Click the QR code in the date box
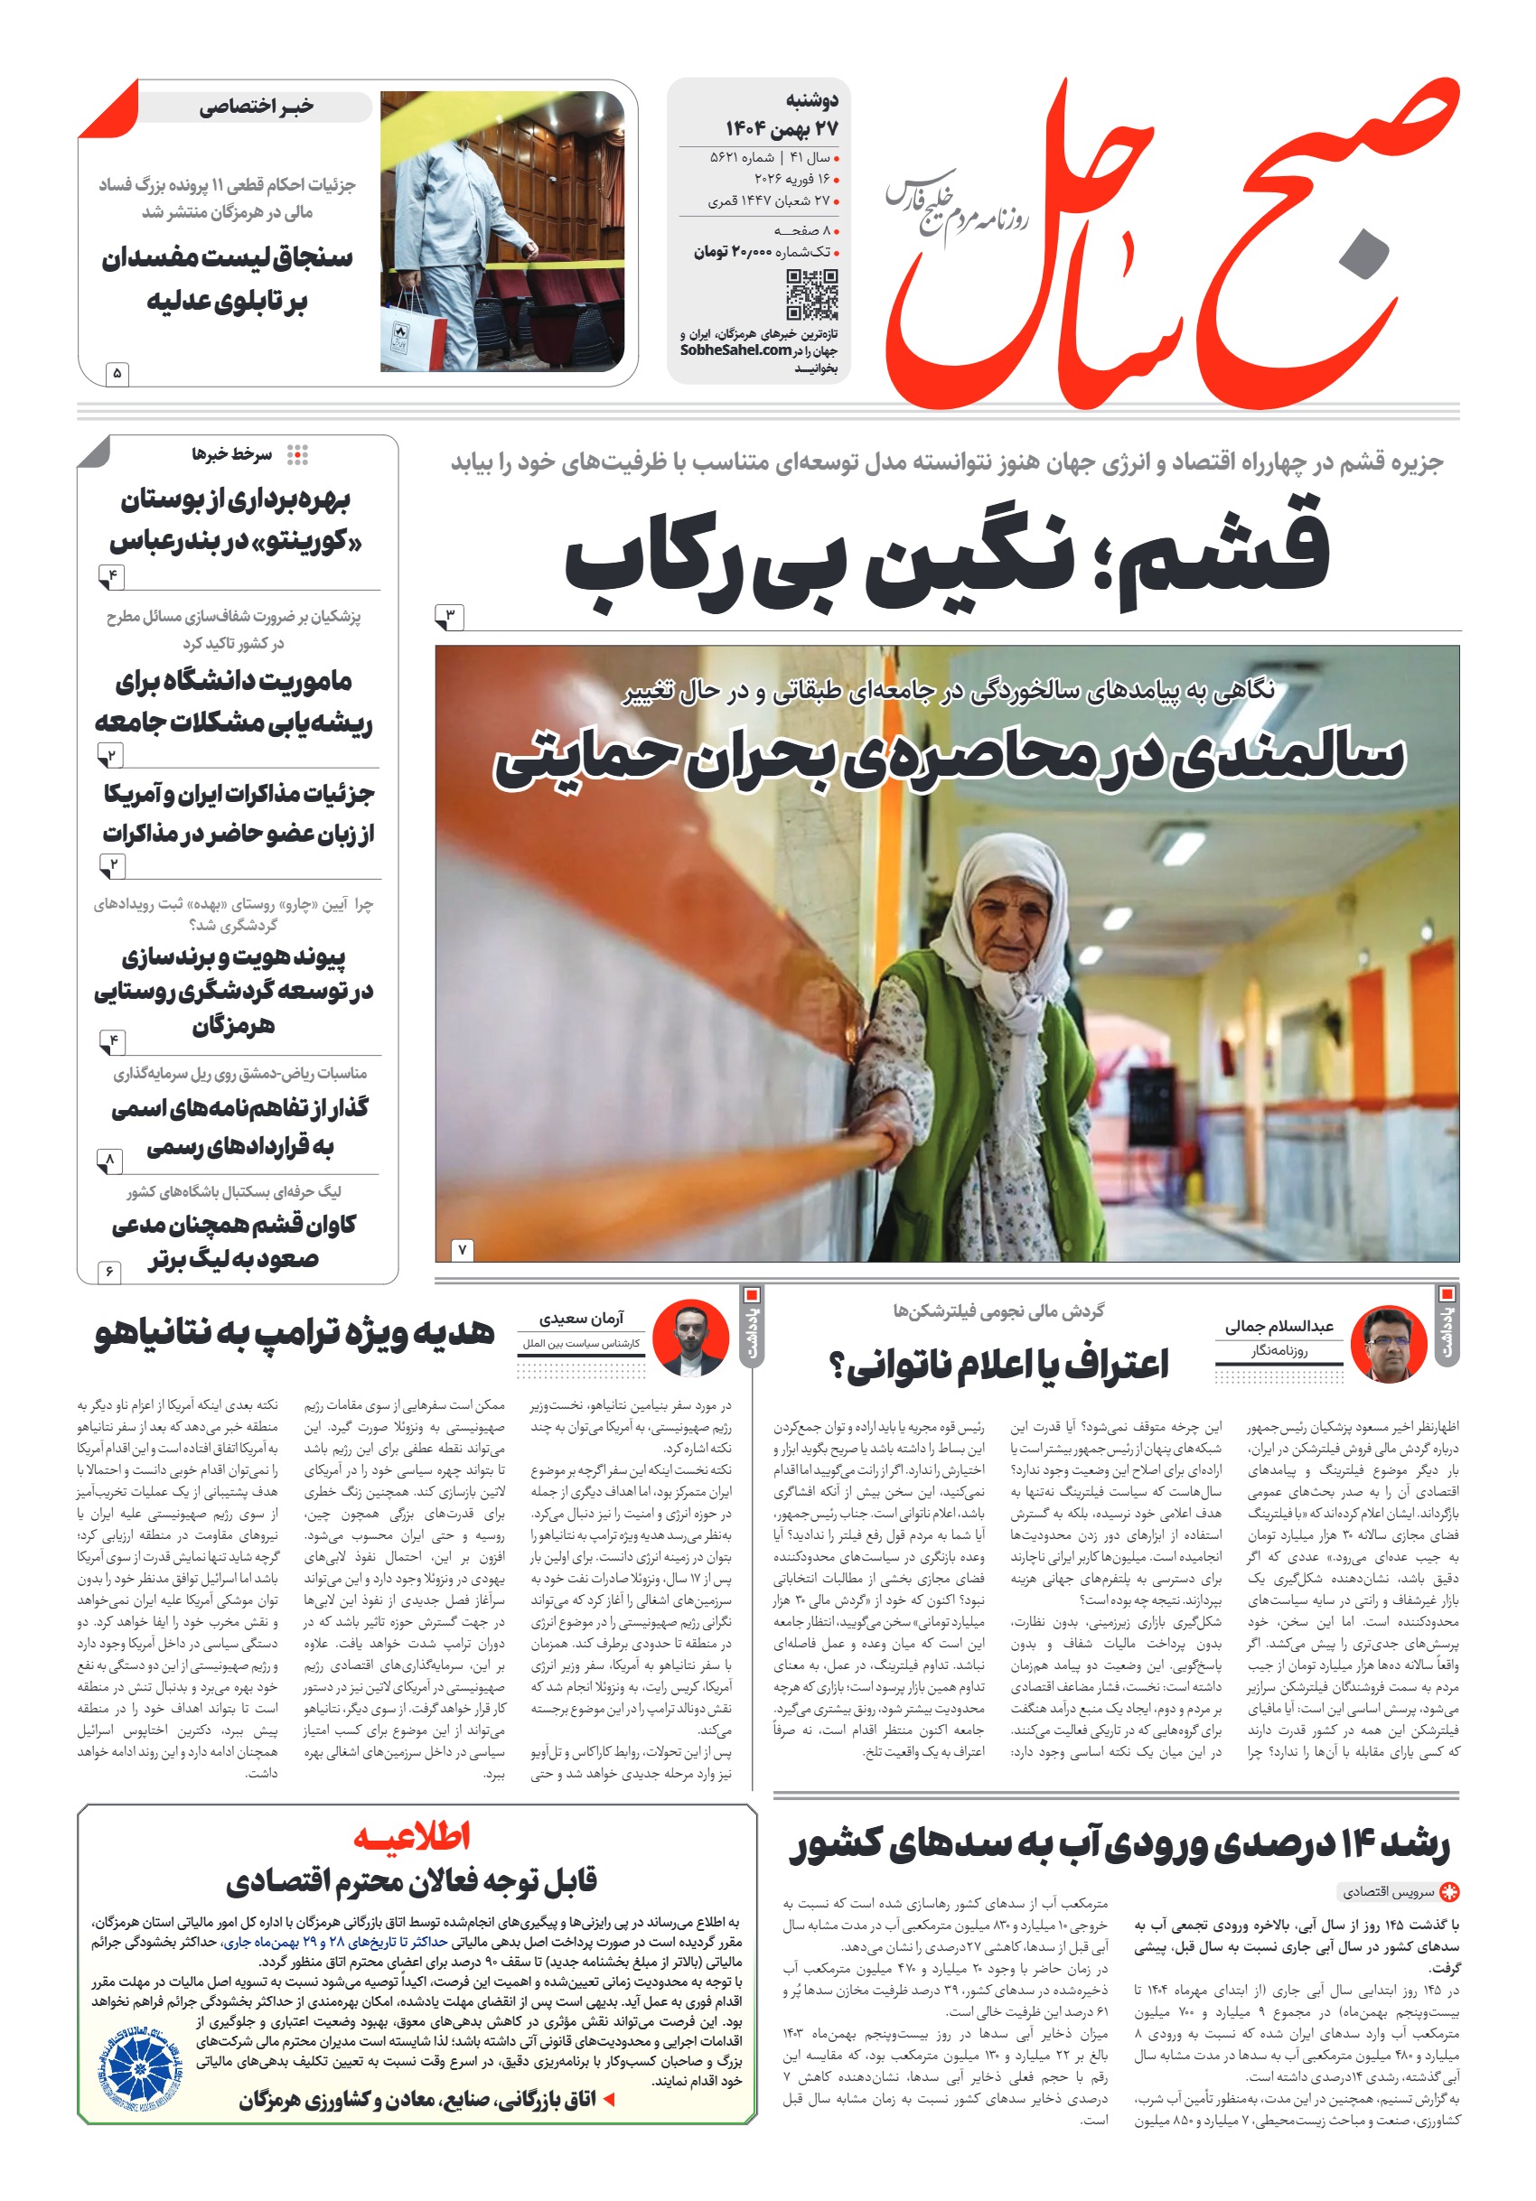coord(811,294)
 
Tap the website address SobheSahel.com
coord(735,350)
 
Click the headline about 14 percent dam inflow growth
coord(1118,1844)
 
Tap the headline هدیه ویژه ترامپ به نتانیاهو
coord(295,1332)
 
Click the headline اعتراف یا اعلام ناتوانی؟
coord(998,1364)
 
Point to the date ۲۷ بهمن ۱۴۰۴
coord(782,128)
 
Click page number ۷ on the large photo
coord(461,1249)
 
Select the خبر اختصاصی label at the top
coord(256,107)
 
